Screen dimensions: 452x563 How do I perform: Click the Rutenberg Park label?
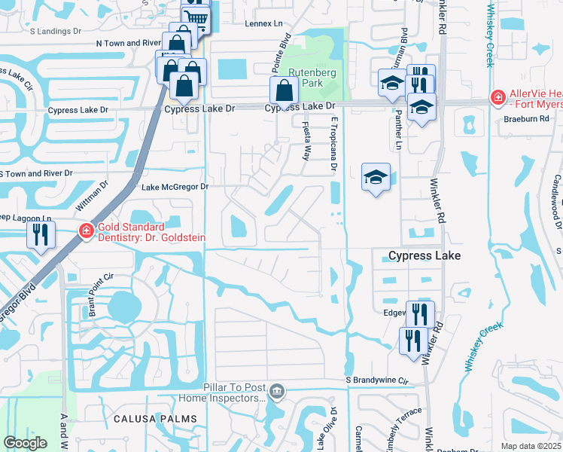306,78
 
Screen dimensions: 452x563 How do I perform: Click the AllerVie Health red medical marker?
497,98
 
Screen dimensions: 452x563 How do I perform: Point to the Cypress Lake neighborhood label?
424,256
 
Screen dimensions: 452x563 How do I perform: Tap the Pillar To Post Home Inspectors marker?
276,390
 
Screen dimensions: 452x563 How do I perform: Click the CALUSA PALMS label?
155,418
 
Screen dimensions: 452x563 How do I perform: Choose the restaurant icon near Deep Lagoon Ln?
41,234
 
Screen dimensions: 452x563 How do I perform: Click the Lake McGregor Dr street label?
174,186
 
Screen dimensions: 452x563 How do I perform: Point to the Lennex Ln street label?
263,23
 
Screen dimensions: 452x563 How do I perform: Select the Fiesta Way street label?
306,142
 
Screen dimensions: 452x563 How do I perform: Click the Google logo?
25,443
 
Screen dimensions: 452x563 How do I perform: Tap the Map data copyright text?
531,446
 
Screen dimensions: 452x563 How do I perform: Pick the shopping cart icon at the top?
196,17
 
